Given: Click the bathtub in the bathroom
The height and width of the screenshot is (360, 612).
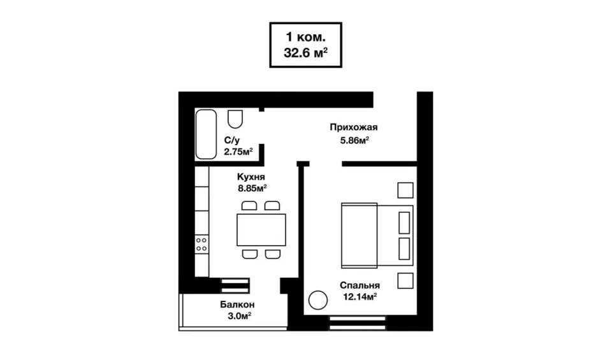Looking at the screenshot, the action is click(x=206, y=134).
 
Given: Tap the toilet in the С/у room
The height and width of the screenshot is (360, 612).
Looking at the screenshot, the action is click(x=235, y=119).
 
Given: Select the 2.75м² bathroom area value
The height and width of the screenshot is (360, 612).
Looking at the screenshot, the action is click(x=238, y=152).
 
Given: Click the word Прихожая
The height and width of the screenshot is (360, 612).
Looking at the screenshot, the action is click(x=354, y=127).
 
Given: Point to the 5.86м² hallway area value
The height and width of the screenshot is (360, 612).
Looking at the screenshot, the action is click(x=355, y=140).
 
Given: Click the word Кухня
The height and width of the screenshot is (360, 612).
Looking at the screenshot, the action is click(x=251, y=176).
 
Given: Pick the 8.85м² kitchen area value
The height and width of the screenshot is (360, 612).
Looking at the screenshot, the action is click(x=252, y=189).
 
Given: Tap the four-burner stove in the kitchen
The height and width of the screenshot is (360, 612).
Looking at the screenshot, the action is click(x=202, y=245).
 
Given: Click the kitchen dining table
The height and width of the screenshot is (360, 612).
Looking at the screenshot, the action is click(x=261, y=230).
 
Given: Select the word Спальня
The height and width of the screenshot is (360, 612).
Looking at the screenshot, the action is click(x=360, y=285).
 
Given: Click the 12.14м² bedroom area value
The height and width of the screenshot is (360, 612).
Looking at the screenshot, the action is click(x=360, y=297).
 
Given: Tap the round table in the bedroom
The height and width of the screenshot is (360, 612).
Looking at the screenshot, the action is click(x=318, y=300).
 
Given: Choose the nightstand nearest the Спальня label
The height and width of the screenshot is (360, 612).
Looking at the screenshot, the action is click(x=405, y=281).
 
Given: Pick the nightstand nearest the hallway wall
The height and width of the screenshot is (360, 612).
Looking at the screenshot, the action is click(x=405, y=191).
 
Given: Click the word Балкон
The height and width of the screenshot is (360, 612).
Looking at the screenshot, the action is click(x=237, y=304).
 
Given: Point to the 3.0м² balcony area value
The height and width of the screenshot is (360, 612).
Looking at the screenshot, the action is click(x=239, y=316).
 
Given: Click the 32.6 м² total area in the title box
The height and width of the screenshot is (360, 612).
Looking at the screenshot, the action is click(x=305, y=52).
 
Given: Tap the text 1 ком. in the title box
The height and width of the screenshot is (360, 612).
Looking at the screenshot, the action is click(x=305, y=37).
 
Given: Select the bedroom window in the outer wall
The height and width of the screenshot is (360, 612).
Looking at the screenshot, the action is click(x=358, y=323).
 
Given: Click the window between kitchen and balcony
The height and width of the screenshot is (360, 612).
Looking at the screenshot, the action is click(x=235, y=286).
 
